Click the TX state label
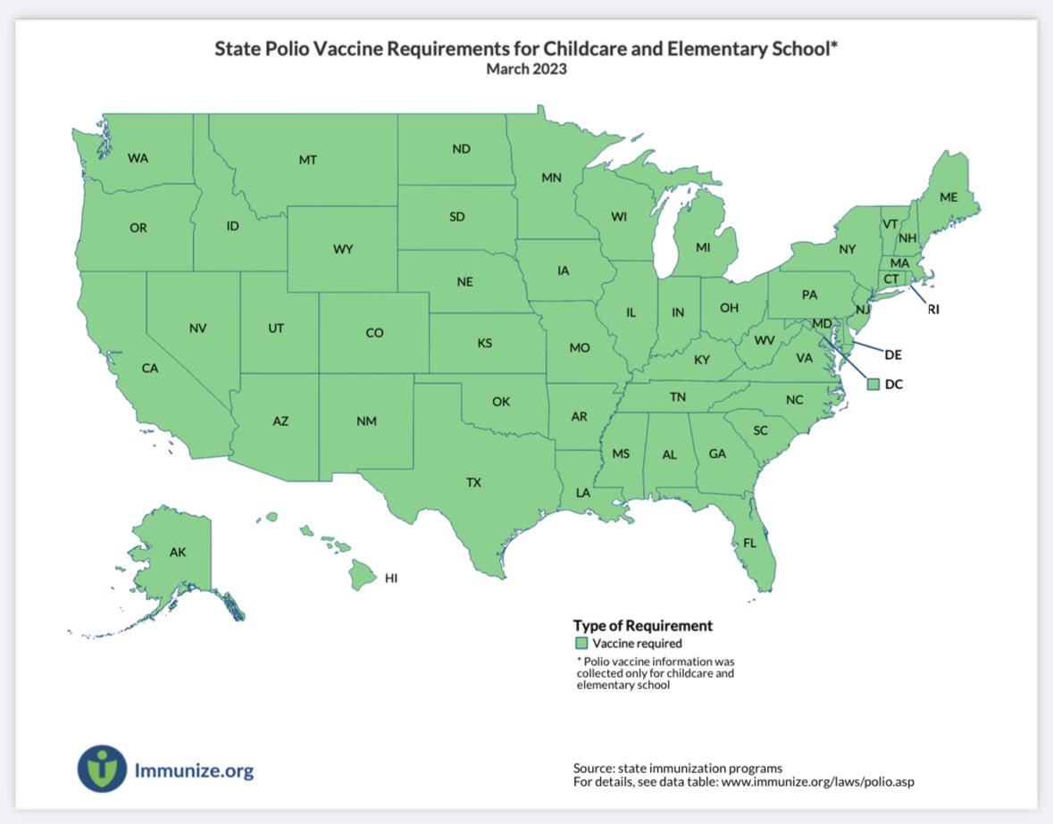coord(473,482)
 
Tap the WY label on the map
coord(343,250)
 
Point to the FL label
coord(749,542)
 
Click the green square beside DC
coord(873,383)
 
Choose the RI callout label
coord(933,310)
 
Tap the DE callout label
coord(893,354)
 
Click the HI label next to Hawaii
coord(390,578)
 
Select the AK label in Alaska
coord(178,553)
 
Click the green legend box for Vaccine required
coord(581,643)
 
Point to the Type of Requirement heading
coord(642,626)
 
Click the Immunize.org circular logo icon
coord(102,769)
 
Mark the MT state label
coord(308,161)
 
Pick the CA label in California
coord(150,368)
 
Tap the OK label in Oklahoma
coord(500,402)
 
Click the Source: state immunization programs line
coord(677,768)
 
